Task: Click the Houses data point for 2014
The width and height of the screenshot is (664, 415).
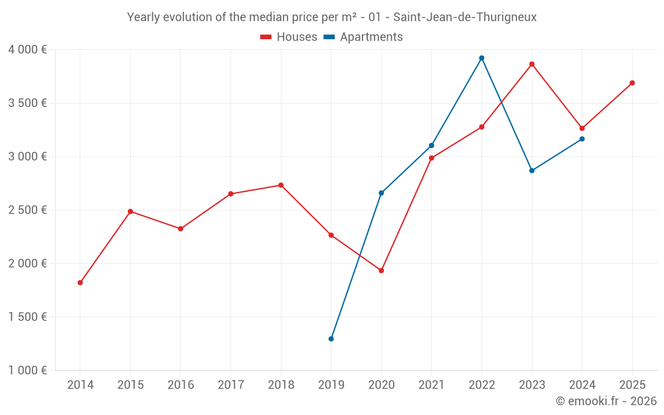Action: (80, 283)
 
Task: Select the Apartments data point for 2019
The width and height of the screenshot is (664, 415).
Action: (331, 339)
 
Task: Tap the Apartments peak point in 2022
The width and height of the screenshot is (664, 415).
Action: (481, 58)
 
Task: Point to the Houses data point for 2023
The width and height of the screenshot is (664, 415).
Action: (532, 64)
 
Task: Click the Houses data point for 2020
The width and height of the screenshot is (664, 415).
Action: (381, 270)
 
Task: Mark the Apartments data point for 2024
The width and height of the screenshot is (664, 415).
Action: (582, 139)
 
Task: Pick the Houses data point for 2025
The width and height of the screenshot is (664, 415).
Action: (632, 83)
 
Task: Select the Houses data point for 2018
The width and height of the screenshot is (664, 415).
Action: (281, 185)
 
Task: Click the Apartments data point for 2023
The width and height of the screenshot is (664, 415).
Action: (532, 171)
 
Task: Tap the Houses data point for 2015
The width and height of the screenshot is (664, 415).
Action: (130, 211)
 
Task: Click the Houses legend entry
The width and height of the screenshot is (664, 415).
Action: (289, 37)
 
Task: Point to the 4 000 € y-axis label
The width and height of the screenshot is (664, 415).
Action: (27, 49)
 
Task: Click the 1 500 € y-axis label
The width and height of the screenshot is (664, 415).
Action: (27, 317)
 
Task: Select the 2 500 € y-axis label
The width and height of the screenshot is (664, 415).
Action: (27, 210)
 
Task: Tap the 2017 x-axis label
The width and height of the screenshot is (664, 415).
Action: (230, 385)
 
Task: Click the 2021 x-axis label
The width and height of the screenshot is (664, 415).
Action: (432, 385)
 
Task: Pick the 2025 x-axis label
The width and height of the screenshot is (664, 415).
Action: (632, 385)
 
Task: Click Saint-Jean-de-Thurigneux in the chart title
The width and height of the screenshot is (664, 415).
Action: (465, 17)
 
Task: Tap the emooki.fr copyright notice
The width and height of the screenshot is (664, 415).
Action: (606, 401)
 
